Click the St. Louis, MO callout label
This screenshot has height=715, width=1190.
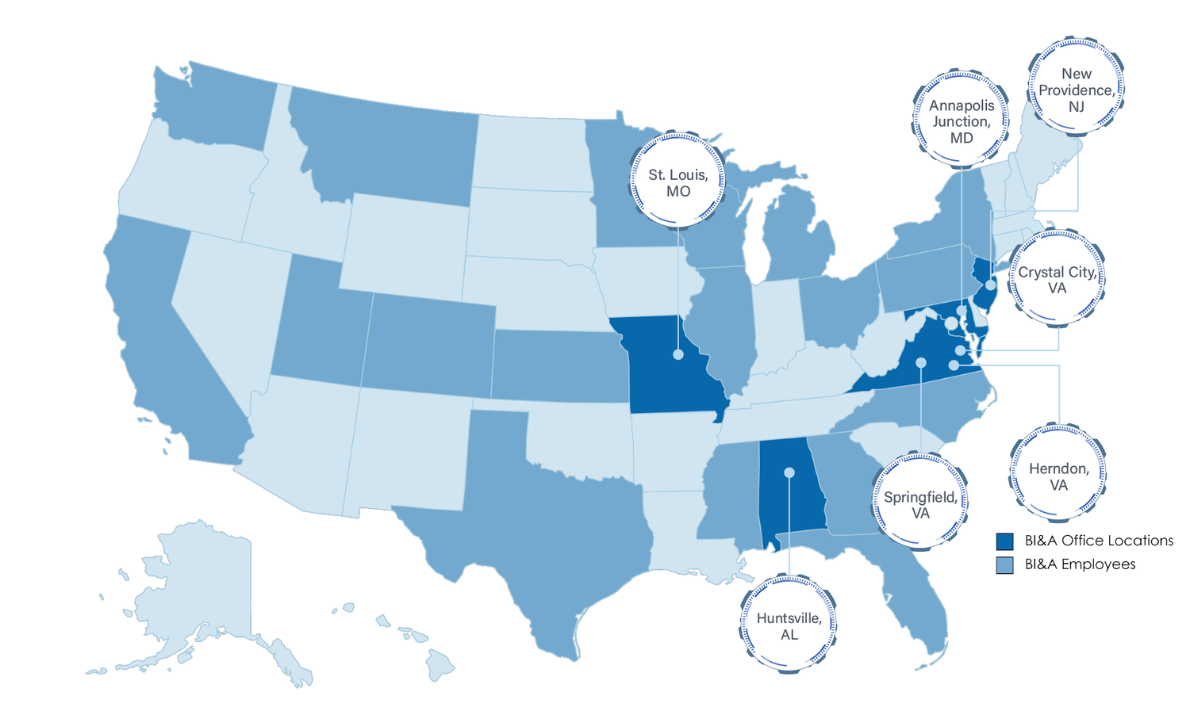point(678,183)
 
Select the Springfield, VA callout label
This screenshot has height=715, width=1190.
point(920,505)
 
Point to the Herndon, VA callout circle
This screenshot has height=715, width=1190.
point(1058,476)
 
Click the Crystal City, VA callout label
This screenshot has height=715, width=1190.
point(1058,280)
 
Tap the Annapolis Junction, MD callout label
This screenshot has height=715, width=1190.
point(962,121)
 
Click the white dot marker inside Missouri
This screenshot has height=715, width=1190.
point(678,354)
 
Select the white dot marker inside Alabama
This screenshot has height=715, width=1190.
point(789,472)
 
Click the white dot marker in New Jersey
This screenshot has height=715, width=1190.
point(991,284)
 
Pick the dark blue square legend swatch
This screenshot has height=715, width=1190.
point(1005,541)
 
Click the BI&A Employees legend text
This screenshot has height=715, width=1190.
point(1080,564)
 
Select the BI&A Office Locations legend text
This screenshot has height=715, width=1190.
point(1099,541)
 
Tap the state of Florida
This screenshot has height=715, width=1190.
point(920,602)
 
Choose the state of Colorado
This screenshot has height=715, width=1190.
point(428,341)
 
